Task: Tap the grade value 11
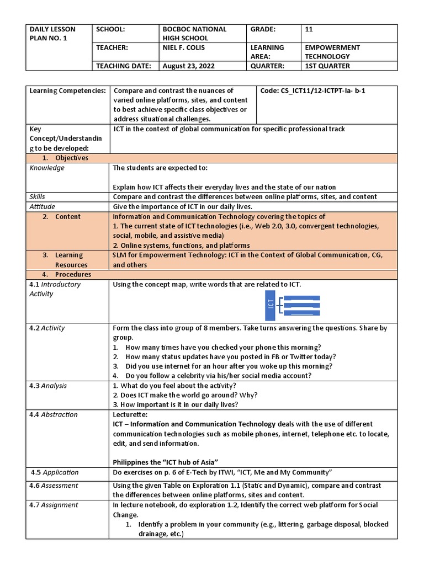309,29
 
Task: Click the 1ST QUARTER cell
327,66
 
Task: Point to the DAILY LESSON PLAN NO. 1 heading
52,34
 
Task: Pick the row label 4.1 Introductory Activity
55,289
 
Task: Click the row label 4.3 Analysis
48,386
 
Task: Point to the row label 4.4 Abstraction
54,414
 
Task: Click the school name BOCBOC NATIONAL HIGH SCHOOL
193,34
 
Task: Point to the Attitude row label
42,206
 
